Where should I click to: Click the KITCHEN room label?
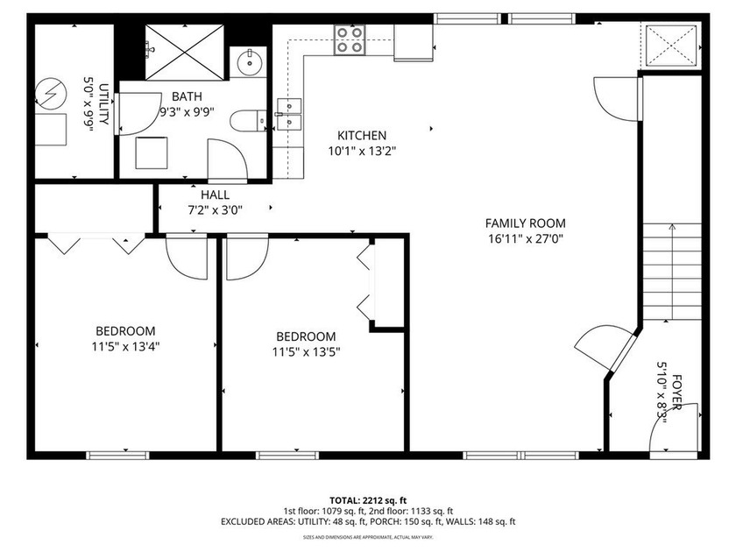(x=362, y=136)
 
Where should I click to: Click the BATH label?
(x=187, y=96)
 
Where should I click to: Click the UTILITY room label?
(x=103, y=104)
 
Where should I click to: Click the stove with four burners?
(x=350, y=40)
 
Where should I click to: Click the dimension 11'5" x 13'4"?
(x=125, y=346)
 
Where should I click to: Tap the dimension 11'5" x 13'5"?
(x=306, y=352)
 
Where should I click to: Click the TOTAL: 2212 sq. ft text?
(x=367, y=499)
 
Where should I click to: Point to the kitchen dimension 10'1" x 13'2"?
(x=362, y=151)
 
